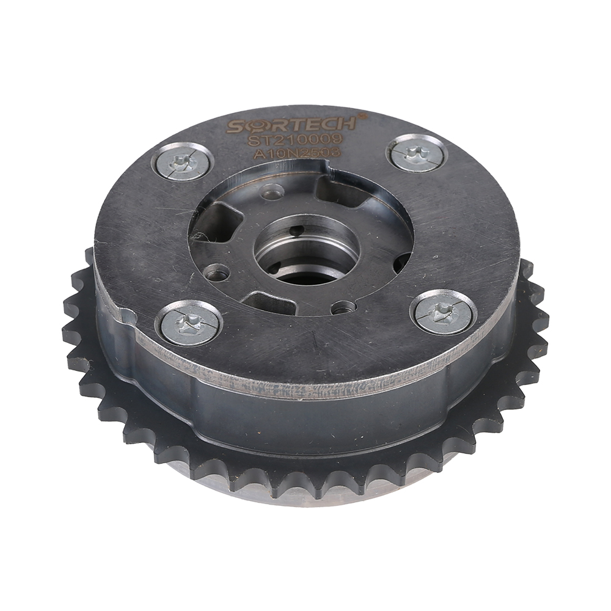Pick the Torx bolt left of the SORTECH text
(x=182, y=161)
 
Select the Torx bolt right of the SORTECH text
(x=418, y=153)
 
